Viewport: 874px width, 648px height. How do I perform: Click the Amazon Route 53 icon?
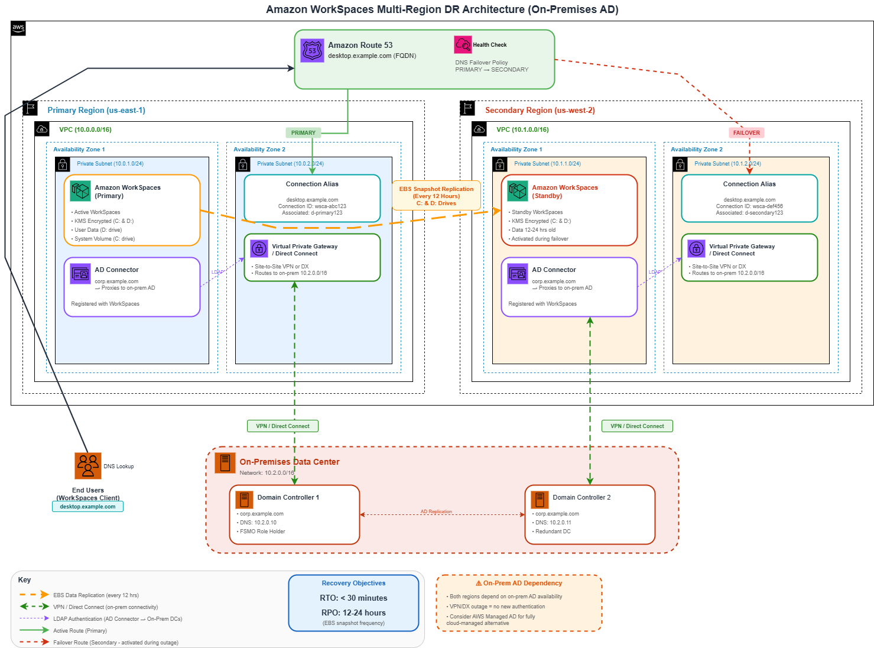(x=312, y=51)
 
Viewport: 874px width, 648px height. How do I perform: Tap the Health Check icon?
(x=463, y=45)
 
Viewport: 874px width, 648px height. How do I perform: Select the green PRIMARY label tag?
(x=303, y=133)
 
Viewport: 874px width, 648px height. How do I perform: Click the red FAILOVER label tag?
(x=746, y=133)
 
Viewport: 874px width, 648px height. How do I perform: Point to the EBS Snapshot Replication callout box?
(x=436, y=196)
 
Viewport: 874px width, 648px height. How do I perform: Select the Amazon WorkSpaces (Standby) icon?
(x=518, y=191)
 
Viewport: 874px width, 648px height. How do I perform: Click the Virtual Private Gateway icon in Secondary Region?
(x=696, y=248)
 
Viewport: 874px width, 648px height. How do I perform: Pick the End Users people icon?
(x=88, y=466)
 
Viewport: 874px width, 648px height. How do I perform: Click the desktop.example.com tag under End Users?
(x=87, y=507)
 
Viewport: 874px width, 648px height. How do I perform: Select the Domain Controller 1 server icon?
(x=244, y=500)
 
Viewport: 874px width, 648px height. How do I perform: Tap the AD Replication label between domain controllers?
(x=436, y=511)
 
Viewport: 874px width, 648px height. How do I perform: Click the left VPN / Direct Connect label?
(x=282, y=426)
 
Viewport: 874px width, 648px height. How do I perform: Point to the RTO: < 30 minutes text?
(x=353, y=598)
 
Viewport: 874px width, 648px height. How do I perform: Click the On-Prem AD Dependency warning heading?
(x=519, y=583)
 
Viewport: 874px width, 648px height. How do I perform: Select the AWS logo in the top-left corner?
(x=18, y=28)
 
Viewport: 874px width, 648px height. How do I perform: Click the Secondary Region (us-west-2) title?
(x=540, y=111)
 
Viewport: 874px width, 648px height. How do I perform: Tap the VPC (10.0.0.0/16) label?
(x=85, y=129)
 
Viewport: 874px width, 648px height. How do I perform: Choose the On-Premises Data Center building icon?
(x=225, y=463)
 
